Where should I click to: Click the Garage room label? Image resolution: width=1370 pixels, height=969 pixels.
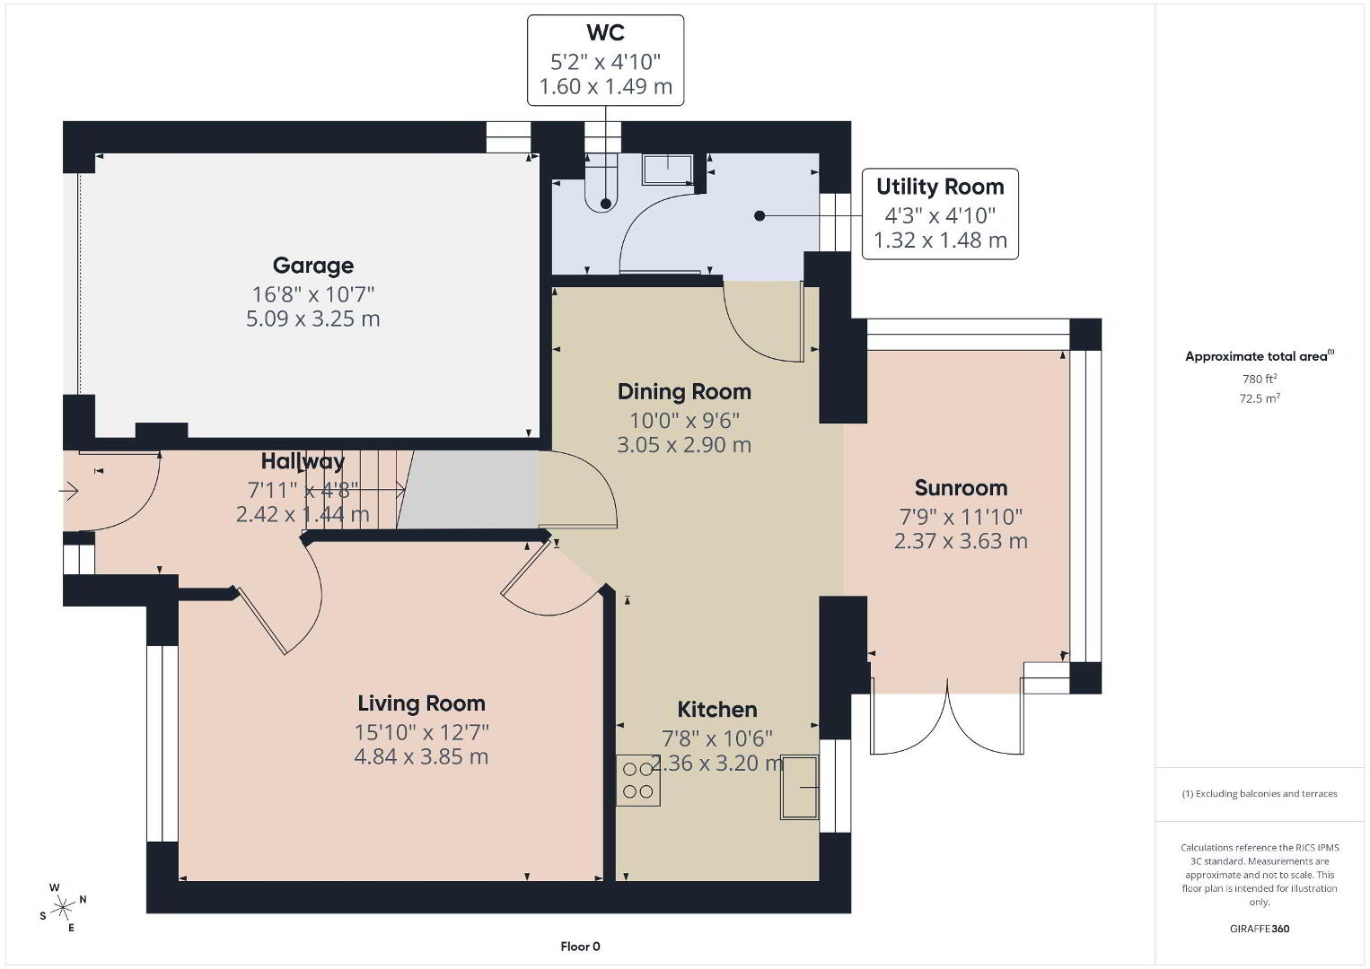tap(313, 266)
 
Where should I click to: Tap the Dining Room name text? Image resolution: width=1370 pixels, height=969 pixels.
tap(684, 392)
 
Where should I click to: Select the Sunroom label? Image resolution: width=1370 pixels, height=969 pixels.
tap(961, 488)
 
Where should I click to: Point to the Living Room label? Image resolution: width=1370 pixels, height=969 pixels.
tap(421, 703)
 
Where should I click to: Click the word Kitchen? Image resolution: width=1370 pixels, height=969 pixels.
tap(717, 710)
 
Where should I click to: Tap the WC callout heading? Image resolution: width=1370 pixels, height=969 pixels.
tap(605, 32)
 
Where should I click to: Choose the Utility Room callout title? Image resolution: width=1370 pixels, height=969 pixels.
tap(940, 187)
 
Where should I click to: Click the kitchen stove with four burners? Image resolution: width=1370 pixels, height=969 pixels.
tap(638, 781)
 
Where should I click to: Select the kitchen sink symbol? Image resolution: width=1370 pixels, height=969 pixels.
tap(799, 788)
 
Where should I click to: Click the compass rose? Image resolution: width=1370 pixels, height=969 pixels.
tap(62, 908)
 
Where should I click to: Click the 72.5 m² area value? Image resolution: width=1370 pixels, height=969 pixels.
tap(1260, 398)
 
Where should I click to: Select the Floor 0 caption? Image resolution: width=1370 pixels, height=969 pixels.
tap(581, 947)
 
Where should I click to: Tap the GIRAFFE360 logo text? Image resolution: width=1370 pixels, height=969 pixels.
tap(1260, 929)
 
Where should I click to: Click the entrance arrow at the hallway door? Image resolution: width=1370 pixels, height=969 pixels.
tap(69, 491)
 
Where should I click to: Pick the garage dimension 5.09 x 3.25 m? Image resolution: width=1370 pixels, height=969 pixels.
tap(313, 319)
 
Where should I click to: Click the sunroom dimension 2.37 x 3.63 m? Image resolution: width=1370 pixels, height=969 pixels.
tap(961, 541)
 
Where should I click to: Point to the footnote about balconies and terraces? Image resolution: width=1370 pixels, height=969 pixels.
tap(1260, 793)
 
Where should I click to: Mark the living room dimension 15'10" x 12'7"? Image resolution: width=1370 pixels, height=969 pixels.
tap(421, 732)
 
